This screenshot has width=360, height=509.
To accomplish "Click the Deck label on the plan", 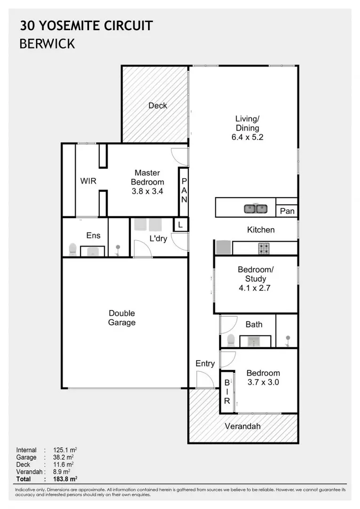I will click(157, 106).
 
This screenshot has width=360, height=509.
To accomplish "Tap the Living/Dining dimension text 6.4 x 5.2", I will click(247, 138).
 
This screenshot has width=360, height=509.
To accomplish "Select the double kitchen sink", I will click(256, 208).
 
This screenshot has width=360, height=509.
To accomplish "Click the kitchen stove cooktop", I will click(263, 247).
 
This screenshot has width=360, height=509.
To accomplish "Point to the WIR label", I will click(88, 181).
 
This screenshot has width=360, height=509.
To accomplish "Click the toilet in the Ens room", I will click(73, 249).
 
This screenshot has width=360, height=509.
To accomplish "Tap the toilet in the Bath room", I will click(231, 339).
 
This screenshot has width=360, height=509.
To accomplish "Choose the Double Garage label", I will click(122, 318).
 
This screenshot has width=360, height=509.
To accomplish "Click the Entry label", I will click(205, 363).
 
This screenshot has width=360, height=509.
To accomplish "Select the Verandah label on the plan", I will click(243, 427).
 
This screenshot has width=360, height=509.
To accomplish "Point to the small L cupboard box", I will click(180, 225).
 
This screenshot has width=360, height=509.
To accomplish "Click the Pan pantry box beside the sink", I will click(287, 211).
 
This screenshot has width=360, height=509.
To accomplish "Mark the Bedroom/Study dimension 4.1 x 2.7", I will click(255, 287).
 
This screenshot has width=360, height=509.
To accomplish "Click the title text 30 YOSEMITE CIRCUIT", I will click(86, 25).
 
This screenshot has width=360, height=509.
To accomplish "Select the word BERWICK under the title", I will click(47, 44).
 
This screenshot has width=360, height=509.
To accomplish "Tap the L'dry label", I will click(158, 238).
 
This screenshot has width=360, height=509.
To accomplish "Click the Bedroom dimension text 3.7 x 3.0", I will click(263, 382).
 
